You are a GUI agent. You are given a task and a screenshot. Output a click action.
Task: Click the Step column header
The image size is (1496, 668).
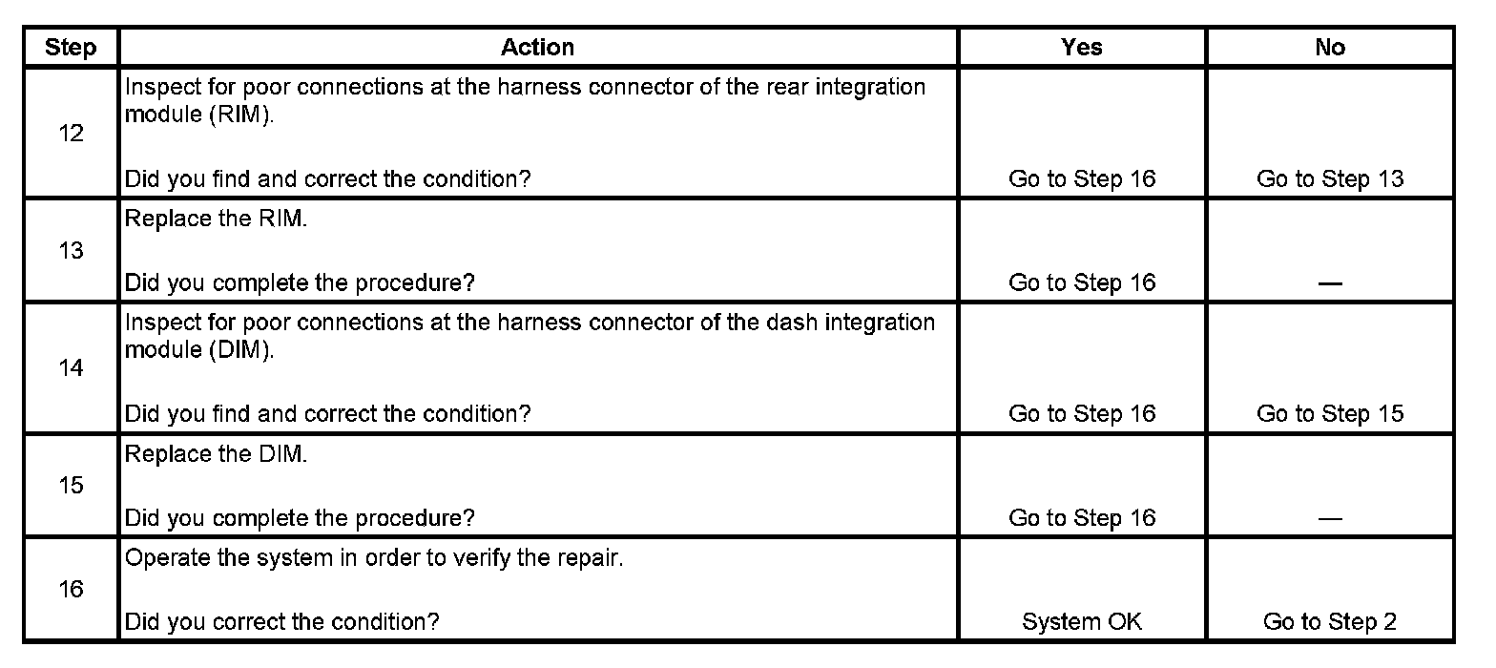[71, 48]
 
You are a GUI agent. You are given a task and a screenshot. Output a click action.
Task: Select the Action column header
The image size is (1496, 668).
[538, 48]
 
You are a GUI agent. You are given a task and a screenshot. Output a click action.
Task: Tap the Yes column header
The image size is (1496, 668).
[1081, 48]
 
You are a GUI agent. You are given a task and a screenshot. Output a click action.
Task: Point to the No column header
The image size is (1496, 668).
[1329, 48]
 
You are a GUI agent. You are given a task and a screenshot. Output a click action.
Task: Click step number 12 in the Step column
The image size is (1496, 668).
[71, 134]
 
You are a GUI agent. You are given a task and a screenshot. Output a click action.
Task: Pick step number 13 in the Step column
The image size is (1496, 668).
[71, 251]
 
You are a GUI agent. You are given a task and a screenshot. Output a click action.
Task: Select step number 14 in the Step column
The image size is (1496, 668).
[71, 368]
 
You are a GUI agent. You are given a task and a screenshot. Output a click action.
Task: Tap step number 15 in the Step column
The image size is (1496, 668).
[71, 486]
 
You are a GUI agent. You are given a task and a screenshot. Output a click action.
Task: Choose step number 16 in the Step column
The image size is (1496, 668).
[71, 590]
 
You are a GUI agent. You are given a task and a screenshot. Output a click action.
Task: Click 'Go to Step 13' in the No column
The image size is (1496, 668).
[1330, 178]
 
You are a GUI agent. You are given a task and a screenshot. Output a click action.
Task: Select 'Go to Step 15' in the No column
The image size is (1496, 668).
[1330, 413]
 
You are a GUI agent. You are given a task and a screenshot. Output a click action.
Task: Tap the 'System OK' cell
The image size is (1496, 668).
[1081, 622]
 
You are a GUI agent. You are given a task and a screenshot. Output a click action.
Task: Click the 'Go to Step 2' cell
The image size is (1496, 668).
[1330, 622]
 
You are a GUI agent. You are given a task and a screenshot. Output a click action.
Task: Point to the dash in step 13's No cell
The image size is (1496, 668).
[1330, 283]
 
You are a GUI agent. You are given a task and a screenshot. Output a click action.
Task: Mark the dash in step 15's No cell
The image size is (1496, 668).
[1330, 518]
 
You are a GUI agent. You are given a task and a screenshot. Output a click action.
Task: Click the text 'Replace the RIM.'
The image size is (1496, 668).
[216, 219]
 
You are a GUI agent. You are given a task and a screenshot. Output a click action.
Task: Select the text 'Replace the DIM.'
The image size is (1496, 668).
[217, 454]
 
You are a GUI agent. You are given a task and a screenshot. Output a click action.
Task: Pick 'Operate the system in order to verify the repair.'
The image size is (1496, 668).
[374, 558]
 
